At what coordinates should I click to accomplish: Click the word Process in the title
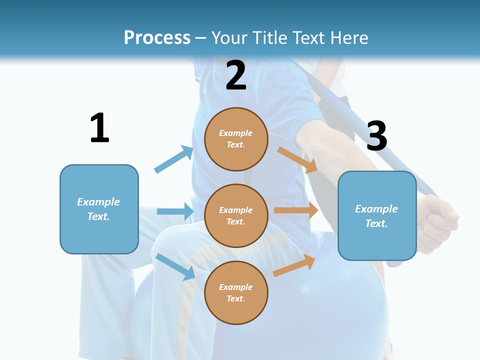157,37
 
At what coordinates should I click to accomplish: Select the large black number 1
100,127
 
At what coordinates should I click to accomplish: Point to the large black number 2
236,75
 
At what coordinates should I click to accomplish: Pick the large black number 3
377,135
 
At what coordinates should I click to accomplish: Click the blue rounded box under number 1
99,209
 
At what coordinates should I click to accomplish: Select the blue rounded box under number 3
377,216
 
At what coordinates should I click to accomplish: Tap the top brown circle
236,139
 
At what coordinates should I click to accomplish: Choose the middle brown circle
236,216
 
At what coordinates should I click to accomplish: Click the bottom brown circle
236,293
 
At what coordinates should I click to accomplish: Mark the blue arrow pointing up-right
174,159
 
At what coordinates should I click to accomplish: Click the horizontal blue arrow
175,211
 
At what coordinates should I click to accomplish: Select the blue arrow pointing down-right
175,266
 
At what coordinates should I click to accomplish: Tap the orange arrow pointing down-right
297,160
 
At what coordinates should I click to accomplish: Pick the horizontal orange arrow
296,210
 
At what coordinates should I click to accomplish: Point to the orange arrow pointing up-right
294,265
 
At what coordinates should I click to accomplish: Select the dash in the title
201,39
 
